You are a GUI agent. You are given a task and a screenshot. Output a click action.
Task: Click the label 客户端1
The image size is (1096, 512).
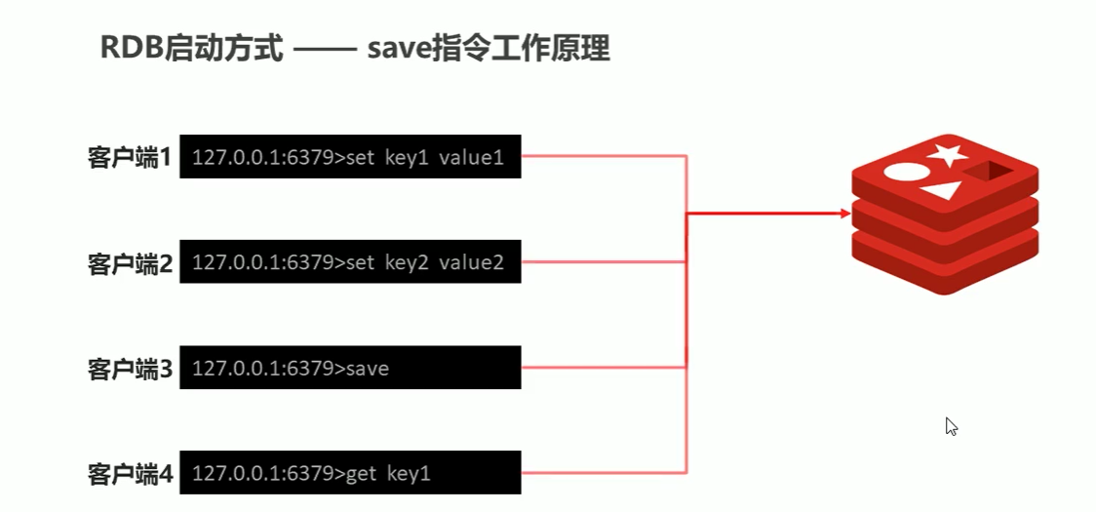point(130,157)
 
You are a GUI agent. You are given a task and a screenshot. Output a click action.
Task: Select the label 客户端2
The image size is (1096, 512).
point(130,262)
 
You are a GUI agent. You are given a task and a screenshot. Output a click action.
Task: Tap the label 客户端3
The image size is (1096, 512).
point(130,369)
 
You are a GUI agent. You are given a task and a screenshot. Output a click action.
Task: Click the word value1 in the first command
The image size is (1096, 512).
point(472,157)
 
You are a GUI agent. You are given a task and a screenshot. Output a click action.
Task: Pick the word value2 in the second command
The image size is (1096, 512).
point(472,262)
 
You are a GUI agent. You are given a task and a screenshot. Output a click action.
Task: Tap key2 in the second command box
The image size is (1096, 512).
point(410,262)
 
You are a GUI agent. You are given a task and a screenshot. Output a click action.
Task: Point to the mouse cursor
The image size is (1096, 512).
point(951,425)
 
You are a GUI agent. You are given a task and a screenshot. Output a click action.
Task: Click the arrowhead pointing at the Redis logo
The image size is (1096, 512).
point(844,211)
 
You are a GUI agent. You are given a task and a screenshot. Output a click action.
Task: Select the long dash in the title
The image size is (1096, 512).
point(326,50)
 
